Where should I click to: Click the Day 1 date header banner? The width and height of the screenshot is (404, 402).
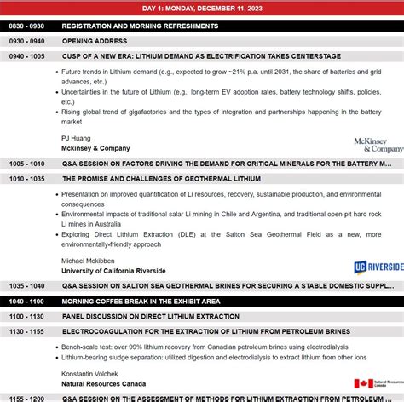click(202, 9)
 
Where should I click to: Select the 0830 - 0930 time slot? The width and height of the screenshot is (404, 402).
click(26, 26)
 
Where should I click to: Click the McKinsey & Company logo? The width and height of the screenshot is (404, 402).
click(378, 145)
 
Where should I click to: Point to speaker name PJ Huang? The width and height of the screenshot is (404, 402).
click(77, 137)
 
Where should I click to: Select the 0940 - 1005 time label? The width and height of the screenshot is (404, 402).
click(26, 55)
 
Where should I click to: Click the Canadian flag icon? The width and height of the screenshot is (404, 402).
click(363, 384)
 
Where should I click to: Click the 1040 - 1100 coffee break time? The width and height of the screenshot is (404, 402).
click(26, 301)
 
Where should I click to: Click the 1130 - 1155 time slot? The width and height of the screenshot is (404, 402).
click(26, 330)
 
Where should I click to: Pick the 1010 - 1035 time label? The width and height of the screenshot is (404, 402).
click(26, 179)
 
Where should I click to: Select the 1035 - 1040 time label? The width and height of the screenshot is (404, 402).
click(26, 286)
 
